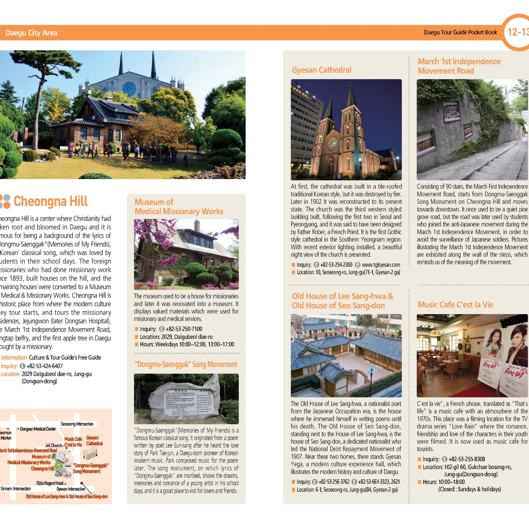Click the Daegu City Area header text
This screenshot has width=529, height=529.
tap(31, 33)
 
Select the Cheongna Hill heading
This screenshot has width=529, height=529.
tap(50, 201)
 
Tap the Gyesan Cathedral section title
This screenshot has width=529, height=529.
tap(322, 70)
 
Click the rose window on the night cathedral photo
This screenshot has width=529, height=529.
tap(333, 144)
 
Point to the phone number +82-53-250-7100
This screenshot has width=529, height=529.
tap(184, 329)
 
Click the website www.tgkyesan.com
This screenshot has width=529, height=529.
tap(381, 265)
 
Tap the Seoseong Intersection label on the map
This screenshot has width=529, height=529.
tap(77, 424)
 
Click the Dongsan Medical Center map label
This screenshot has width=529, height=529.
tap(38, 429)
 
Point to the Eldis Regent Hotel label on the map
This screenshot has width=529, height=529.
tap(50, 483)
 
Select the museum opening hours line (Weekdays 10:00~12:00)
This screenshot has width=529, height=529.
tap(187, 344)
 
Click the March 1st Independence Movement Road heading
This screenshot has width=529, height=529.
tap(459, 66)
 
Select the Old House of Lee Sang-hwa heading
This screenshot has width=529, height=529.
tap(342, 296)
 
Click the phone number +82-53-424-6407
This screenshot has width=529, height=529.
tap(44, 366)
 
